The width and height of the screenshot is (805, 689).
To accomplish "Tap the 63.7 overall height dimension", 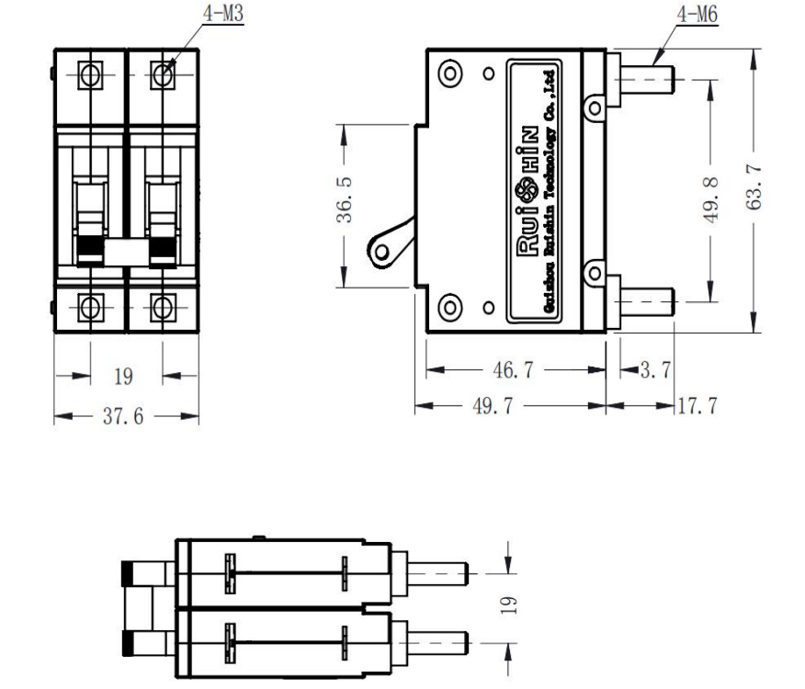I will pyautogui.click(x=755, y=189).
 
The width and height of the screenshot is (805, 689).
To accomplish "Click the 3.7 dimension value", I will pyautogui.click(x=654, y=370).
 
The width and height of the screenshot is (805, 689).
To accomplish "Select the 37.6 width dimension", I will pyautogui.click(x=126, y=416).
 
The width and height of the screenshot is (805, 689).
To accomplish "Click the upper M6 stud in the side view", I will pyautogui.click(x=647, y=78).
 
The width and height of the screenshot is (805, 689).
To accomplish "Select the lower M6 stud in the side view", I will pyautogui.click(x=647, y=299).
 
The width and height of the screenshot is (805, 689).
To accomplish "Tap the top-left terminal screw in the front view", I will pyautogui.click(x=89, y=73).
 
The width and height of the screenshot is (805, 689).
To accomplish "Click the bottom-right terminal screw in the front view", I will pyautogui.click(x=163, y=306).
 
